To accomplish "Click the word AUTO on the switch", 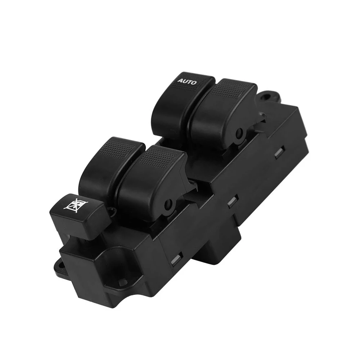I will (187, 82).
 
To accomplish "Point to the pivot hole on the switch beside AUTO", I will (238, 136).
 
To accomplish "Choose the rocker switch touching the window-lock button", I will (104, 169).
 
